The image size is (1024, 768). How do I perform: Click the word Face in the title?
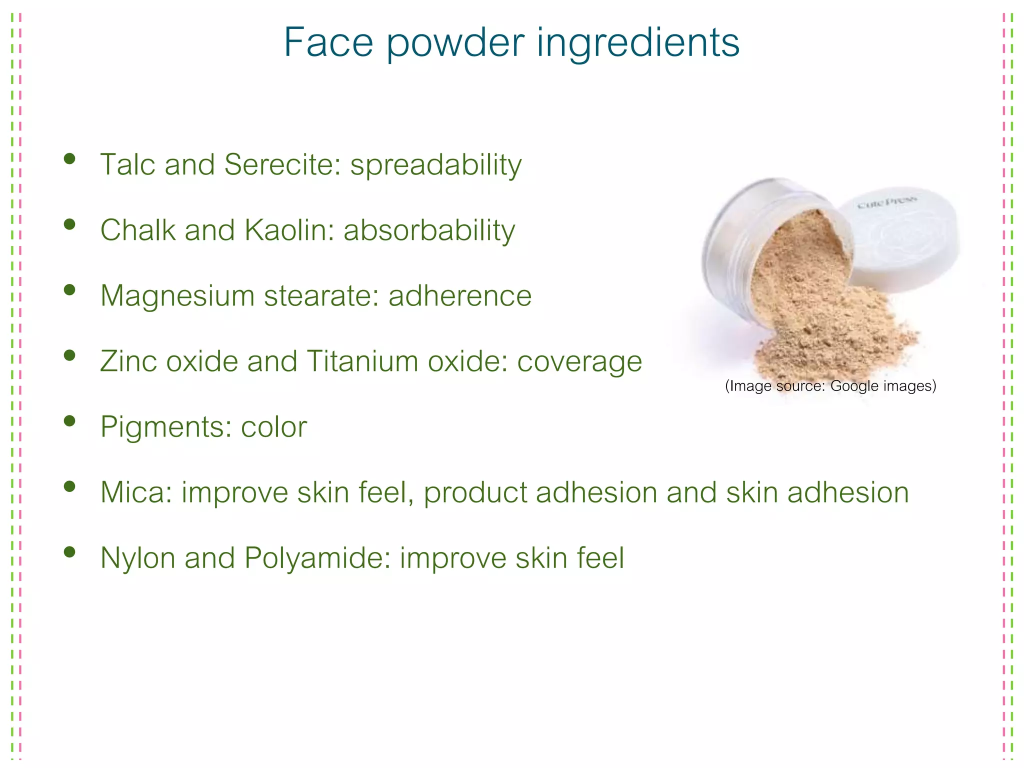click(x=328, y=42)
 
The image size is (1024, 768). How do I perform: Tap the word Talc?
click(x=128, y=164)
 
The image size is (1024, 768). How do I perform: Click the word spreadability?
click(x=435, y=165)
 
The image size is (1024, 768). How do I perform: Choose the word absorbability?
click(x=429, y=231)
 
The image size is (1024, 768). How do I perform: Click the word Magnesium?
click(x=177, y=295)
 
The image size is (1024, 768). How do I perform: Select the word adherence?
click(x=459, y=295)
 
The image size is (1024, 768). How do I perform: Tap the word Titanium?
click(x=362, y=361)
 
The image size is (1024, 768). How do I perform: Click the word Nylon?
click(x=137, y=558)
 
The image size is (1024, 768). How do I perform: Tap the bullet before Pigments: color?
click(x=69, y=420)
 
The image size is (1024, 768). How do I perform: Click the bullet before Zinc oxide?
click(x=69, y=355)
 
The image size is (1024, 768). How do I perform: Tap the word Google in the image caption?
click(x=854, y=386)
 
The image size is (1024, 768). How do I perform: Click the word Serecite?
click(x=282, y=164)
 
